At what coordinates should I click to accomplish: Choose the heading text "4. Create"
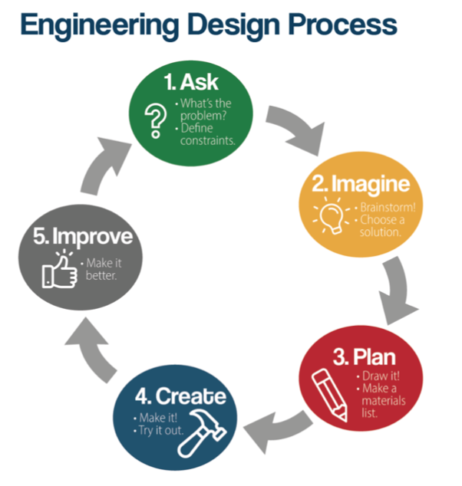[x=180, y=396]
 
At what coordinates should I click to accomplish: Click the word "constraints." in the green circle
[x=206, y=141]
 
